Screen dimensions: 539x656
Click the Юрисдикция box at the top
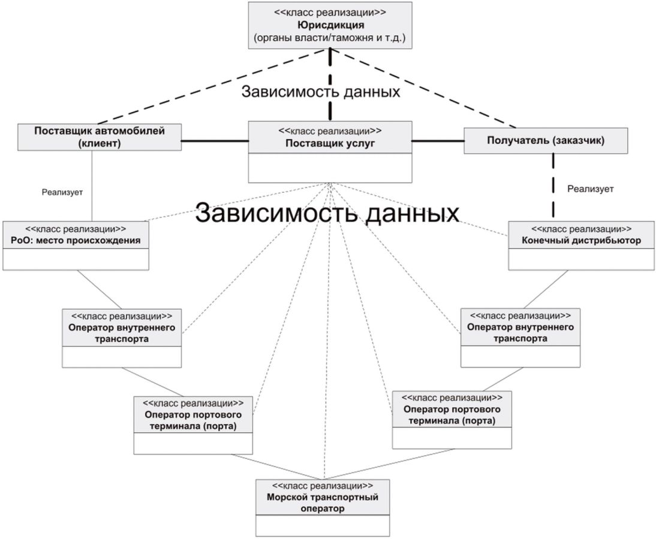(330, 25)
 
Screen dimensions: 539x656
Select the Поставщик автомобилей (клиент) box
(99, 137)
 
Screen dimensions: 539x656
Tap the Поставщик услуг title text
(330, 143)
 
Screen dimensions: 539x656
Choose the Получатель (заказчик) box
(546, 141)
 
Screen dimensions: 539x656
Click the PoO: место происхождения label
(75, 241)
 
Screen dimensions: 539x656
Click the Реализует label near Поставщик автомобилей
(62, 192)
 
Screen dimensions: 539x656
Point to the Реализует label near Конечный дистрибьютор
(590, 189)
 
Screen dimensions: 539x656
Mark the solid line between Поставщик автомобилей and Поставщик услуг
(215, 141)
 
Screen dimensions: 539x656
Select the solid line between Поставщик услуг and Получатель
(438, 141)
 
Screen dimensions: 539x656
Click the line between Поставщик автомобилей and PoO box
(92, 186)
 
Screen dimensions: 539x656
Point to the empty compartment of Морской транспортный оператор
(323, 525)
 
